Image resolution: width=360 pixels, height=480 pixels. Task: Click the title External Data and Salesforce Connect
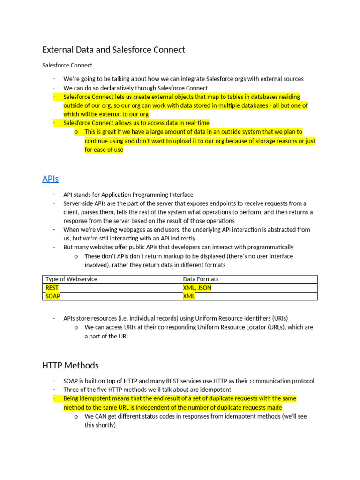click(x=113, y=50)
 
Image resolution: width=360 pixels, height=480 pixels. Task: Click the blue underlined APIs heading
click(x=50, y=179)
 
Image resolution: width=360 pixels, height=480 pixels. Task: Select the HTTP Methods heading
click(x=70, y=365)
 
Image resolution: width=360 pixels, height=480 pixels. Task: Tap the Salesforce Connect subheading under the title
click(x=67, y=65)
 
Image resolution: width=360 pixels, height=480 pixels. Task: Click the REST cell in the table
click(x=52, y=288)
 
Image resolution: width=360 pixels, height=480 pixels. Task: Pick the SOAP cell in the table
click(x=53, y=296)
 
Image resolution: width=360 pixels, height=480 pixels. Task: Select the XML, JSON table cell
click(x=197, y=288)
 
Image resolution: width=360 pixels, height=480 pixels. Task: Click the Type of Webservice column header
click(x=71, y=279)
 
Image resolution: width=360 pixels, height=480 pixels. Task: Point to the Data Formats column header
click(x=201, y=279)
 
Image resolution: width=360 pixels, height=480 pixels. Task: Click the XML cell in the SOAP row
click(x=189, y=296)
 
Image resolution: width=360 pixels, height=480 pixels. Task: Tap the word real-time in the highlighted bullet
click(x=196, y=123)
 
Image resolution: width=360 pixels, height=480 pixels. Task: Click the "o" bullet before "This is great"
click(x=76, y=132)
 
